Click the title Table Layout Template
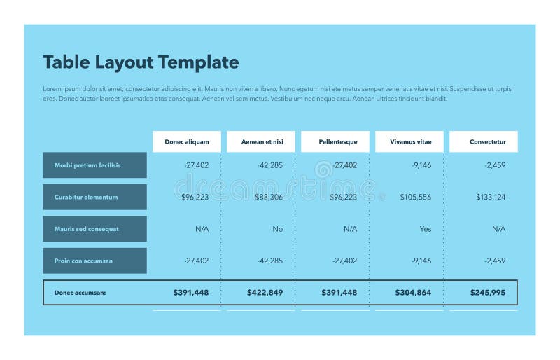tap(141, 62)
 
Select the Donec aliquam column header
tap(187, 141)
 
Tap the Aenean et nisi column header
tap(262, 141)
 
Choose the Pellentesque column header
tap(338, 141)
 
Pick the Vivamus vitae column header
tap(411, 141)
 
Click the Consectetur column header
tap(487, 141)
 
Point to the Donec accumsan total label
tap(80, 293)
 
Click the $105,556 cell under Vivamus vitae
tap(416, 198)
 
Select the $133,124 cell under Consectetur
tap(490, 198)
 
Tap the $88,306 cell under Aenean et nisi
tap(269, 198)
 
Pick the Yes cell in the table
tap(426, 229)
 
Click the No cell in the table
tap(278, 229)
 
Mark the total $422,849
tap(265, 293)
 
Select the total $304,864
tap(413, 293)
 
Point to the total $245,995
tap(487, 293)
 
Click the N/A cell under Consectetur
tap(498, 229)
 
